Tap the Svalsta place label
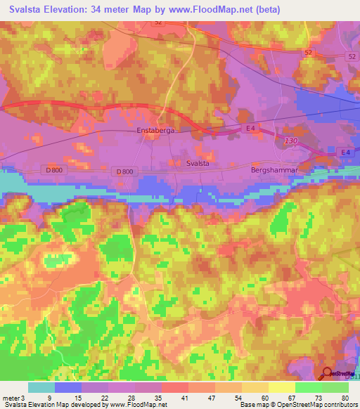(x=202, y=162)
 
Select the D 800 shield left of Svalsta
(x=124, y=171)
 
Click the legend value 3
(x=26, y=398)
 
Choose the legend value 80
(x=344, y=398)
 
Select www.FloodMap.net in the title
(x=210, y=8)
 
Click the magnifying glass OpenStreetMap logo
(x=327, y=374)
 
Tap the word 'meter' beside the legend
(x=12, y=398)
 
